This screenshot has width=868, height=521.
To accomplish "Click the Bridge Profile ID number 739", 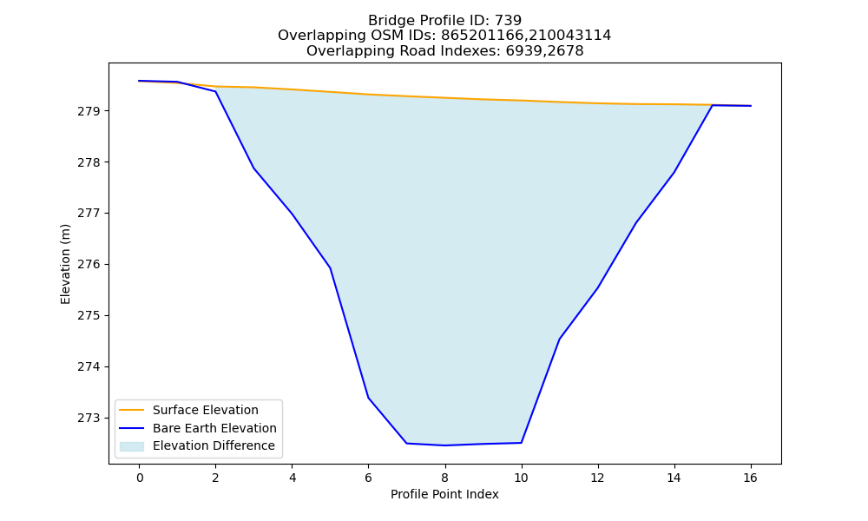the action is pyautogui.click(x=508, y=21).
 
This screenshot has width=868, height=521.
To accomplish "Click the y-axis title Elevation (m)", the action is pyautogui.click(x=65, y=264).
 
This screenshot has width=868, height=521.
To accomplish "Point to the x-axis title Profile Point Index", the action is pyautogui.click(x=444, y=494).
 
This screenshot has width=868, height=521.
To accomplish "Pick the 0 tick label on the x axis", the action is pyautogui.click(x=140, y=478).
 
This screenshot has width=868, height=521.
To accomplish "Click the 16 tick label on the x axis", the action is pyautogui.click(x=750, y=478).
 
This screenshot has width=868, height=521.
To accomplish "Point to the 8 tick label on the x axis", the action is pyautogui.click(x=444, y=478).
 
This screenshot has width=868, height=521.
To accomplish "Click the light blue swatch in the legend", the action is pyautogui.click(x=132, y=446).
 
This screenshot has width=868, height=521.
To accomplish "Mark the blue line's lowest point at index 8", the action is pyautogui.click(x=444, y=445).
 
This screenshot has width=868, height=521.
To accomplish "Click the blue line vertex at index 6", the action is pyautogui.click(x=368, y=398).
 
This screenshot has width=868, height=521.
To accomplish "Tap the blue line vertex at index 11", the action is pyautogui.click(x=559, y=339).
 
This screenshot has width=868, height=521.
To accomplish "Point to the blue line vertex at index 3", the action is pyautogui.click(x=253, y=168).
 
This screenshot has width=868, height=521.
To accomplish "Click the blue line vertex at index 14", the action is pyautogui.click(x=674, y=172).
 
